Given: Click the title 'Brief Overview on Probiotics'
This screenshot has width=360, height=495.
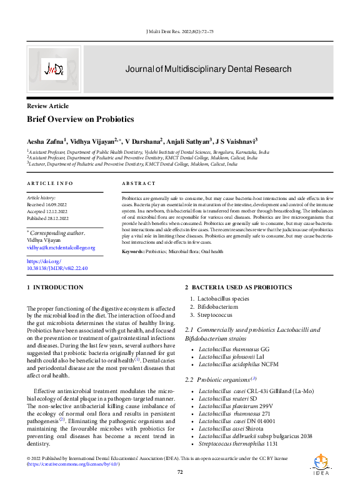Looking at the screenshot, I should click(80, 119).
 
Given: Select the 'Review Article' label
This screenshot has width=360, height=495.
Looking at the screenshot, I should click(47, 107).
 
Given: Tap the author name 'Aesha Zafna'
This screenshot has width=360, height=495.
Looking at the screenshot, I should click(45, 142).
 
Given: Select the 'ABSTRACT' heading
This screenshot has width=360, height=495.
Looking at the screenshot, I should click(138, 183).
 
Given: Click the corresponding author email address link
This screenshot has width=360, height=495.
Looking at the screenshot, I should click(61, 247).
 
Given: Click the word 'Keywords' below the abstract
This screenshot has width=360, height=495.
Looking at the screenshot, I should click(132, 251).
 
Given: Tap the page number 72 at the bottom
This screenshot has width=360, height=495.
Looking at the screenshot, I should click(180, 472).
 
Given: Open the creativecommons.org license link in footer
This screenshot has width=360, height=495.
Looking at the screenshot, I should click(73, 464).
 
